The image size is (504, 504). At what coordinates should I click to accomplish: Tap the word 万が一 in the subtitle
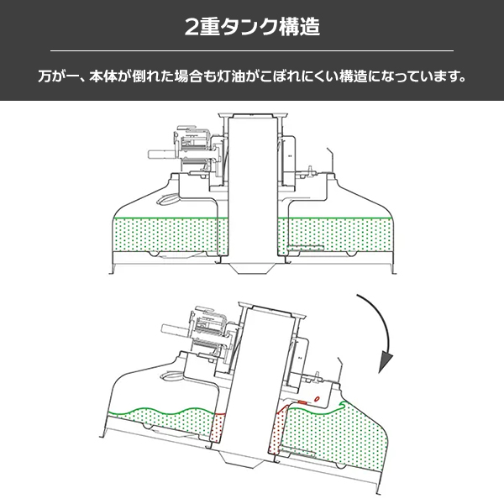click(59, 77)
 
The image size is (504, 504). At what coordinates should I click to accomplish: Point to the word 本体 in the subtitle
click(109, 77)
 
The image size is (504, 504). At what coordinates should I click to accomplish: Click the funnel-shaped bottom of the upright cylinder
click(252, 268)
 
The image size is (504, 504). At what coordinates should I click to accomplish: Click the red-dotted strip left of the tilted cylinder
click(221, 428)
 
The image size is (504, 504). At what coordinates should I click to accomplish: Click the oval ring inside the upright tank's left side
click(168, 199)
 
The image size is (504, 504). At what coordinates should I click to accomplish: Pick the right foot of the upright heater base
click(392, 270)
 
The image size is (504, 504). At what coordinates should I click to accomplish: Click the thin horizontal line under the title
click(252, 50)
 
